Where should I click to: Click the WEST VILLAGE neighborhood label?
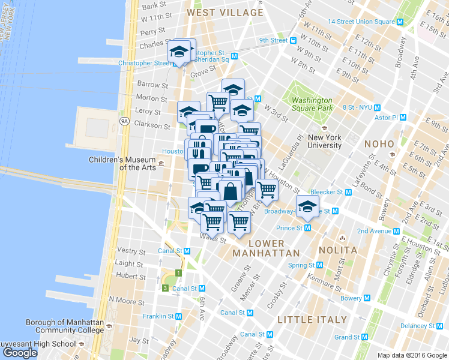[224, 12]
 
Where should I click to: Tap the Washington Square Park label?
[312, 104]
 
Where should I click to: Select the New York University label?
[324, 141]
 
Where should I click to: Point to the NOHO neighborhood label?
[379, 144]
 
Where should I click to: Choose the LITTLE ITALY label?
[312, 319]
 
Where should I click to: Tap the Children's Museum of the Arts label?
[122, 163]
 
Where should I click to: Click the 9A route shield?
[124, 121]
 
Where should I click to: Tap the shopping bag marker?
[231, 191]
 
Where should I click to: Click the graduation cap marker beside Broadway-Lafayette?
[307, 207]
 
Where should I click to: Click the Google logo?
[20, 353]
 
